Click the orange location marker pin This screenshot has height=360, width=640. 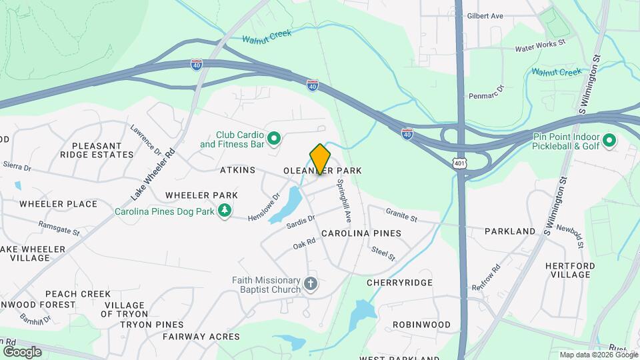320,159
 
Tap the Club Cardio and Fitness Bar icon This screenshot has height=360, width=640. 274,139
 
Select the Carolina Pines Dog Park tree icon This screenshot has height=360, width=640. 226,211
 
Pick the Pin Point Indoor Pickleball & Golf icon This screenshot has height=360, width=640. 609,141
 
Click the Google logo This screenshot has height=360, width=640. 22,351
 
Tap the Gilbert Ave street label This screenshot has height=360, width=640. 485,15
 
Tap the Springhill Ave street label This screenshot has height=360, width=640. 344,200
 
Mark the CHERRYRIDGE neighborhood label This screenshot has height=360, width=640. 399,283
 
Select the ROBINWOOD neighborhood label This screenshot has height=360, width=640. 421,325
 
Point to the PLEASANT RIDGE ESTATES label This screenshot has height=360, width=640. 97,150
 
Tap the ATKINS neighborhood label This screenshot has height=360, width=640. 237,171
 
